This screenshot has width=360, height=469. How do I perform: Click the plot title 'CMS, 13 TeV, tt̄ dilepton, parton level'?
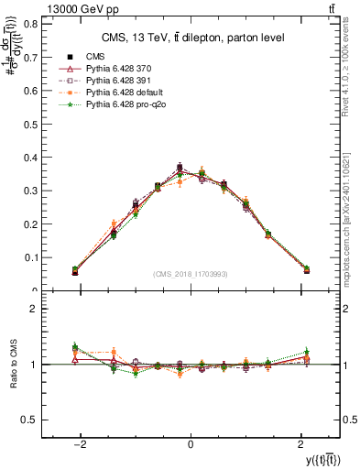pos(191,37)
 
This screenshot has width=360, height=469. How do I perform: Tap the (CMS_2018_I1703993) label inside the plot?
pos(190,274)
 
